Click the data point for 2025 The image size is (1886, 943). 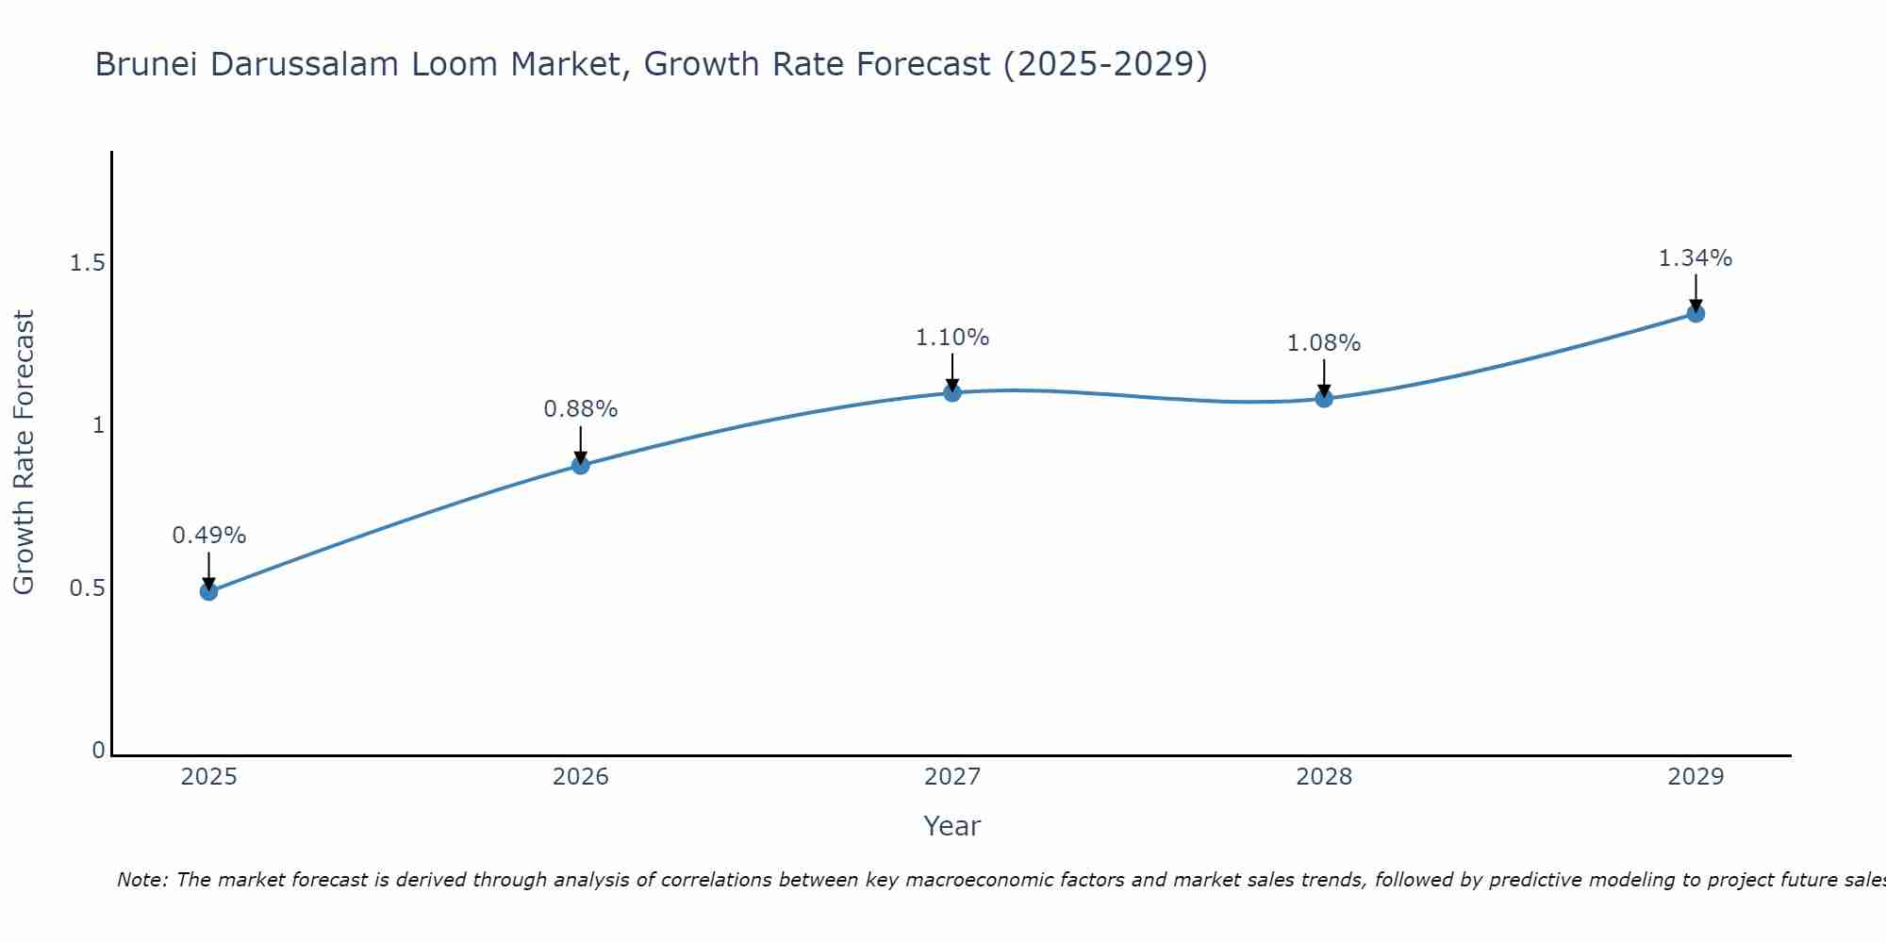[208, 591]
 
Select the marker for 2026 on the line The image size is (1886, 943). [580, 465]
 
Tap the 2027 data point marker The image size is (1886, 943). [952, 392]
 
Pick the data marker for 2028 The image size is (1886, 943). [1324, 398]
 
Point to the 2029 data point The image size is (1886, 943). [1696, 313]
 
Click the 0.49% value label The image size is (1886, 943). [208, 536]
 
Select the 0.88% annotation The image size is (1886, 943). [580, 409]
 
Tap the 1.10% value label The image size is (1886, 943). [952, 338]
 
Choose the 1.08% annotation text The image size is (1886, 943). [1324, 343]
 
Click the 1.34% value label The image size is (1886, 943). [1696, 258]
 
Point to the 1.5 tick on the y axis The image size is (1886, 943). [87, 263]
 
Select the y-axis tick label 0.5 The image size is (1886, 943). [87, 588]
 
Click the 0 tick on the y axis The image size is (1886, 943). [98, 751]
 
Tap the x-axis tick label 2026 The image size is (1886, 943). [580, 777]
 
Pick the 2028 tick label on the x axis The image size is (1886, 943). [1324, 777]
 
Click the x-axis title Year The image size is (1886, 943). [952, 826]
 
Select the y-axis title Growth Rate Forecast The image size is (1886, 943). [24, 453]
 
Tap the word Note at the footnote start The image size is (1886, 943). [141, 880]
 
